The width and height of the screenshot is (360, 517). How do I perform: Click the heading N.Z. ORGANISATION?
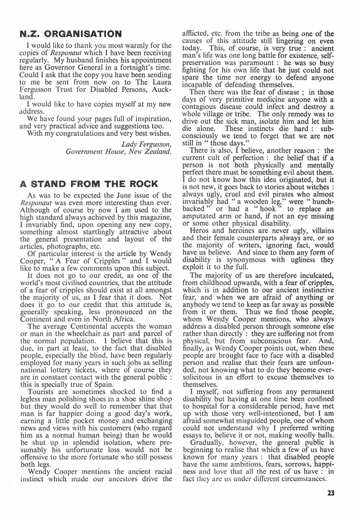(x=71, y=34)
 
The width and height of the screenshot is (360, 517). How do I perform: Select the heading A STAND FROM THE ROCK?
(x=89, y=184)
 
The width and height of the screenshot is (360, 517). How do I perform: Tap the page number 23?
(x=331, y=493)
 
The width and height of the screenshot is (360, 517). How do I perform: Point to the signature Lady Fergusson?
(x=146, y=144)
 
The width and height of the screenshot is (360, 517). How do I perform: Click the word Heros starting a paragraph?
(x=199, y=231)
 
